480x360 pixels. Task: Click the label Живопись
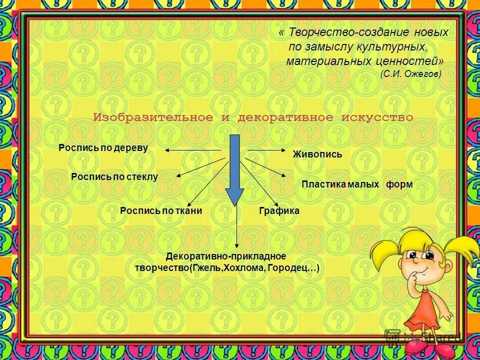317,154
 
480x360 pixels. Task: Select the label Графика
279,211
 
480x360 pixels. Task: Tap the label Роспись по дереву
103,148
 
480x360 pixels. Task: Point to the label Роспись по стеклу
114,176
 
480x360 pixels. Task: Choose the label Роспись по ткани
161,211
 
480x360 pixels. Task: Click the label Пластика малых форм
357,184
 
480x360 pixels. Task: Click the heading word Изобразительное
153,118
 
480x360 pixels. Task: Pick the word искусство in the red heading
377,118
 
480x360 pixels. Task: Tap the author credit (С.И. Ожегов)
410,73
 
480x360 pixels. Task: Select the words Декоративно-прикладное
226,256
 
